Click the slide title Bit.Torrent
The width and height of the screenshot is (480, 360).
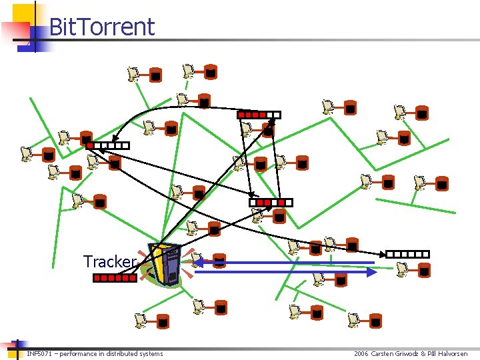pyautogui.click(x=101, y=27)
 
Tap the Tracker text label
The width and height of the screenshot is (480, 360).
pyautogui.click(x=110, y=261)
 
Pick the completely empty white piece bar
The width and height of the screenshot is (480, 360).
pyautogui.click(x=407, y=254)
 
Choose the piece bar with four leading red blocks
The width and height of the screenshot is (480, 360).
pyautogui.click(x=259, y=115)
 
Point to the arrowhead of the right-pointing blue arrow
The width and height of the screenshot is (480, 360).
pyautogui.click(x=372, y=272)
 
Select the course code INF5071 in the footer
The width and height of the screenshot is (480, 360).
pyautogui.click(x=37, y=353)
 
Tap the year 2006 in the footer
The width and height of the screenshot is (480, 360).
pyautogui.click(x=361, y=353)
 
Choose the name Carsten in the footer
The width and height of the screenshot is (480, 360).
pyautogui.click(x=385, y=353)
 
